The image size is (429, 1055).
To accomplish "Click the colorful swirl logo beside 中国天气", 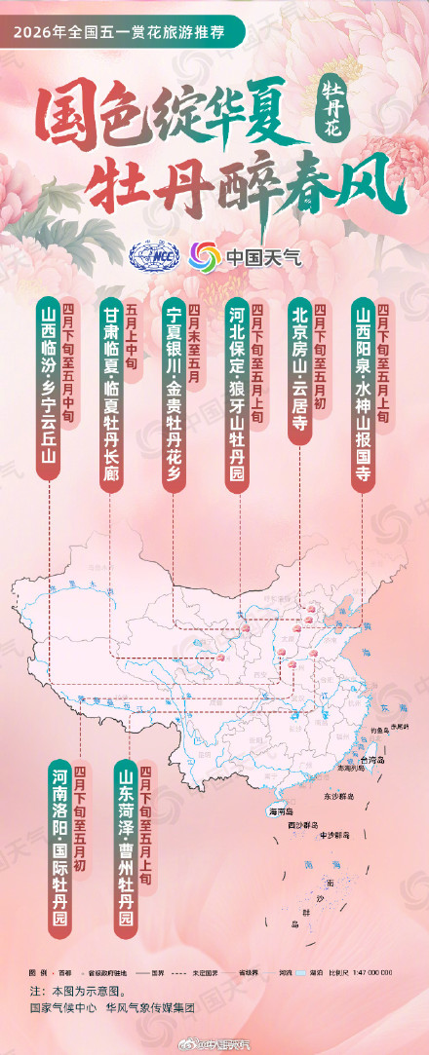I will (x=205, y=258).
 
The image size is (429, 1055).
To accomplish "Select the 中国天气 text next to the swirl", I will (x=264, y=258).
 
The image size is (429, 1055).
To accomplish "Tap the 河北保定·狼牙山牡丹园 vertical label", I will (x=238, y=389).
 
